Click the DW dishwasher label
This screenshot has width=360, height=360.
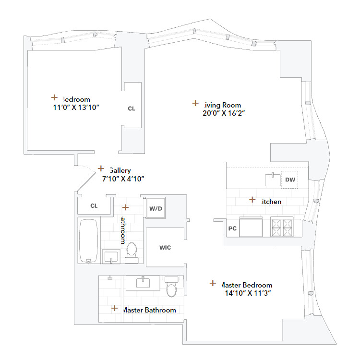(289, 180)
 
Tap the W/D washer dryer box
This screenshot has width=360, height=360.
(155, 208)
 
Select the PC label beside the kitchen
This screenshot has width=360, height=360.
(232, 228)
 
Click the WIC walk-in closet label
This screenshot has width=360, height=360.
(165, 248)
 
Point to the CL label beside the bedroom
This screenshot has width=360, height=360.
(132, 108)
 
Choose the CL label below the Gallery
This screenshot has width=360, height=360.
(94, 205)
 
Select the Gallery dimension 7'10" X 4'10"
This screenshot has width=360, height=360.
(123, 179)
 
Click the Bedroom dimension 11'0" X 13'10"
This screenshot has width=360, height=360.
(76, 108)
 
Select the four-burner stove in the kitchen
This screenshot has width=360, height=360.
(282, 227)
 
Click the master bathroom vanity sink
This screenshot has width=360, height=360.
(143, 283)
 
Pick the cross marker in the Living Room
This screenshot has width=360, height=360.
(195, 103)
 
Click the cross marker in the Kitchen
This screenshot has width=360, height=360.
(252, 200)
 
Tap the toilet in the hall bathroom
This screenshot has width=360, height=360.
(132, 251)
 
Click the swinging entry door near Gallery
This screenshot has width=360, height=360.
(85, 181)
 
